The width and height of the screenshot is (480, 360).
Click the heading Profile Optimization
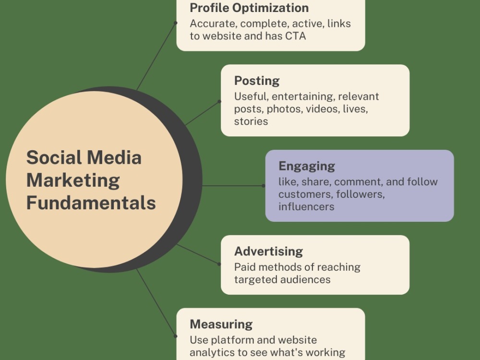pyautogui.click(x=249, y=8)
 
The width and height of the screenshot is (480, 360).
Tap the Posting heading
pyautogui.click(x=257, y=81)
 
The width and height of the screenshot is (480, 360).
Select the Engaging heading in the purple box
pyautogui.click(x=307, y=166)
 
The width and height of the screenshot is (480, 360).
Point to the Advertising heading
pyautogui.click(x=268, y=252)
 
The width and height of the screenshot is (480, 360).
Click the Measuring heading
pyautogui.click(x=221, y=324)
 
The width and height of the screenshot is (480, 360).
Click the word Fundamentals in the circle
pyautogui.click(x=91, y=203)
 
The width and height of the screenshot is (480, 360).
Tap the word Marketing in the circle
pyautogui.click(x=73, y=180)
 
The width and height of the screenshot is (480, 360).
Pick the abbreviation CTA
pyautogui.click(x=295, y=36)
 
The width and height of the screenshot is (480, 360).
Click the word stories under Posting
pyautogui.click(x=251, y=121)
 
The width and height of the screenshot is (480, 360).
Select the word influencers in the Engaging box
pyautogui.click(x=306, y=206)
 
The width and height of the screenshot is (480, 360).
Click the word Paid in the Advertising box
pyautogui.click(x=244, y=267)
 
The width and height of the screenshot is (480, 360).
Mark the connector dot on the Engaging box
pyautogui.click(x=264, y=186)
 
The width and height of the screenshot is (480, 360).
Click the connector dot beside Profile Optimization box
pyautogui.click(x=175, y=23)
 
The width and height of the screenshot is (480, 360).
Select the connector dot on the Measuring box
pyautogui.click(x=175, y=336)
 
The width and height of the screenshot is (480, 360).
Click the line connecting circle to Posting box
pyautogui.click(x=203, y=113)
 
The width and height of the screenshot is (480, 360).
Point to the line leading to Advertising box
pyautogui.click(x=198, y=254)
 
